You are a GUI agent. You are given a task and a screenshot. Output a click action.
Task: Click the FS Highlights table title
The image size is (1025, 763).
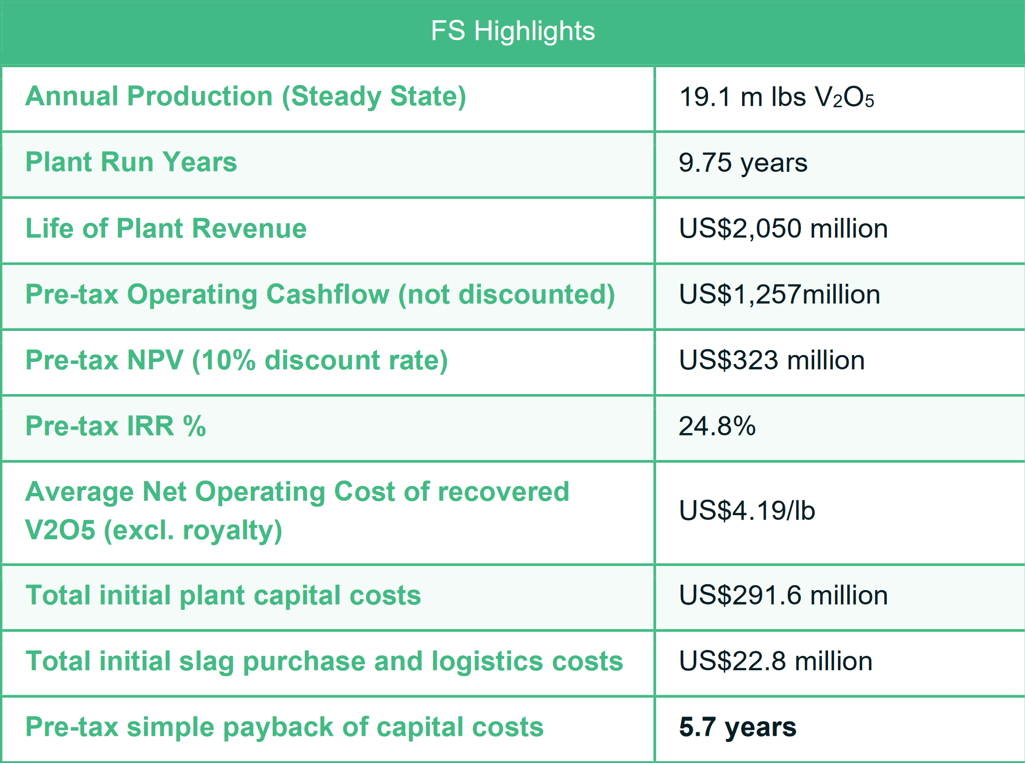[513, 31]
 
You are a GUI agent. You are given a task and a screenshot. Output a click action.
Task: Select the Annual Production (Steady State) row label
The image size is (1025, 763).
[246, 96]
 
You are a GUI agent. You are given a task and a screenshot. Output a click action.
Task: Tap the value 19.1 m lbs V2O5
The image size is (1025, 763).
[777, 97]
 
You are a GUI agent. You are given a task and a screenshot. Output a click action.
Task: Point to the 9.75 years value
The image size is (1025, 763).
[743, 162]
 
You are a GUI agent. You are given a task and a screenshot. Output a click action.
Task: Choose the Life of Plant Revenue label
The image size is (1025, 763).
[166, 228]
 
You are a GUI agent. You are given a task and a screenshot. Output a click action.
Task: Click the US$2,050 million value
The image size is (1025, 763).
[784, 229]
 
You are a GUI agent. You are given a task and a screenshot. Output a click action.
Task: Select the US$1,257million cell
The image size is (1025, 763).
[780, 294]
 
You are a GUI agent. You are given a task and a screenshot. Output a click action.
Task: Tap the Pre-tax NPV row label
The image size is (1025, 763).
[237, 360]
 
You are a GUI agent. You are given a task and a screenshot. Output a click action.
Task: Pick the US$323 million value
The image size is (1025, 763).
[772, 360]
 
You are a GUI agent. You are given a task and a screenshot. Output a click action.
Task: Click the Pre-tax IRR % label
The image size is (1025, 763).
[116, 426]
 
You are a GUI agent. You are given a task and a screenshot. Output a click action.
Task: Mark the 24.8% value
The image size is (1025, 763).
[717, 426]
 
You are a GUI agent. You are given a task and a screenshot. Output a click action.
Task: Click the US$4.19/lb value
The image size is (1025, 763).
[747, 510]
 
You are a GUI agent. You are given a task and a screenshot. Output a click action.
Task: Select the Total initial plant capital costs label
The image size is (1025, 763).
[223, 595]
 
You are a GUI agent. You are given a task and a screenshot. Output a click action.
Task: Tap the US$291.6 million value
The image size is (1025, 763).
[784, 595]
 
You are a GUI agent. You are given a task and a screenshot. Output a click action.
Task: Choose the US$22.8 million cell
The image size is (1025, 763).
[776, 661]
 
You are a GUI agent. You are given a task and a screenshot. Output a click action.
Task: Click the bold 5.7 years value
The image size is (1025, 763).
[738, 727]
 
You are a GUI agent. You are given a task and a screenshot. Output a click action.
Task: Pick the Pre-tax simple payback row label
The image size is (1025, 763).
[284, 727]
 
